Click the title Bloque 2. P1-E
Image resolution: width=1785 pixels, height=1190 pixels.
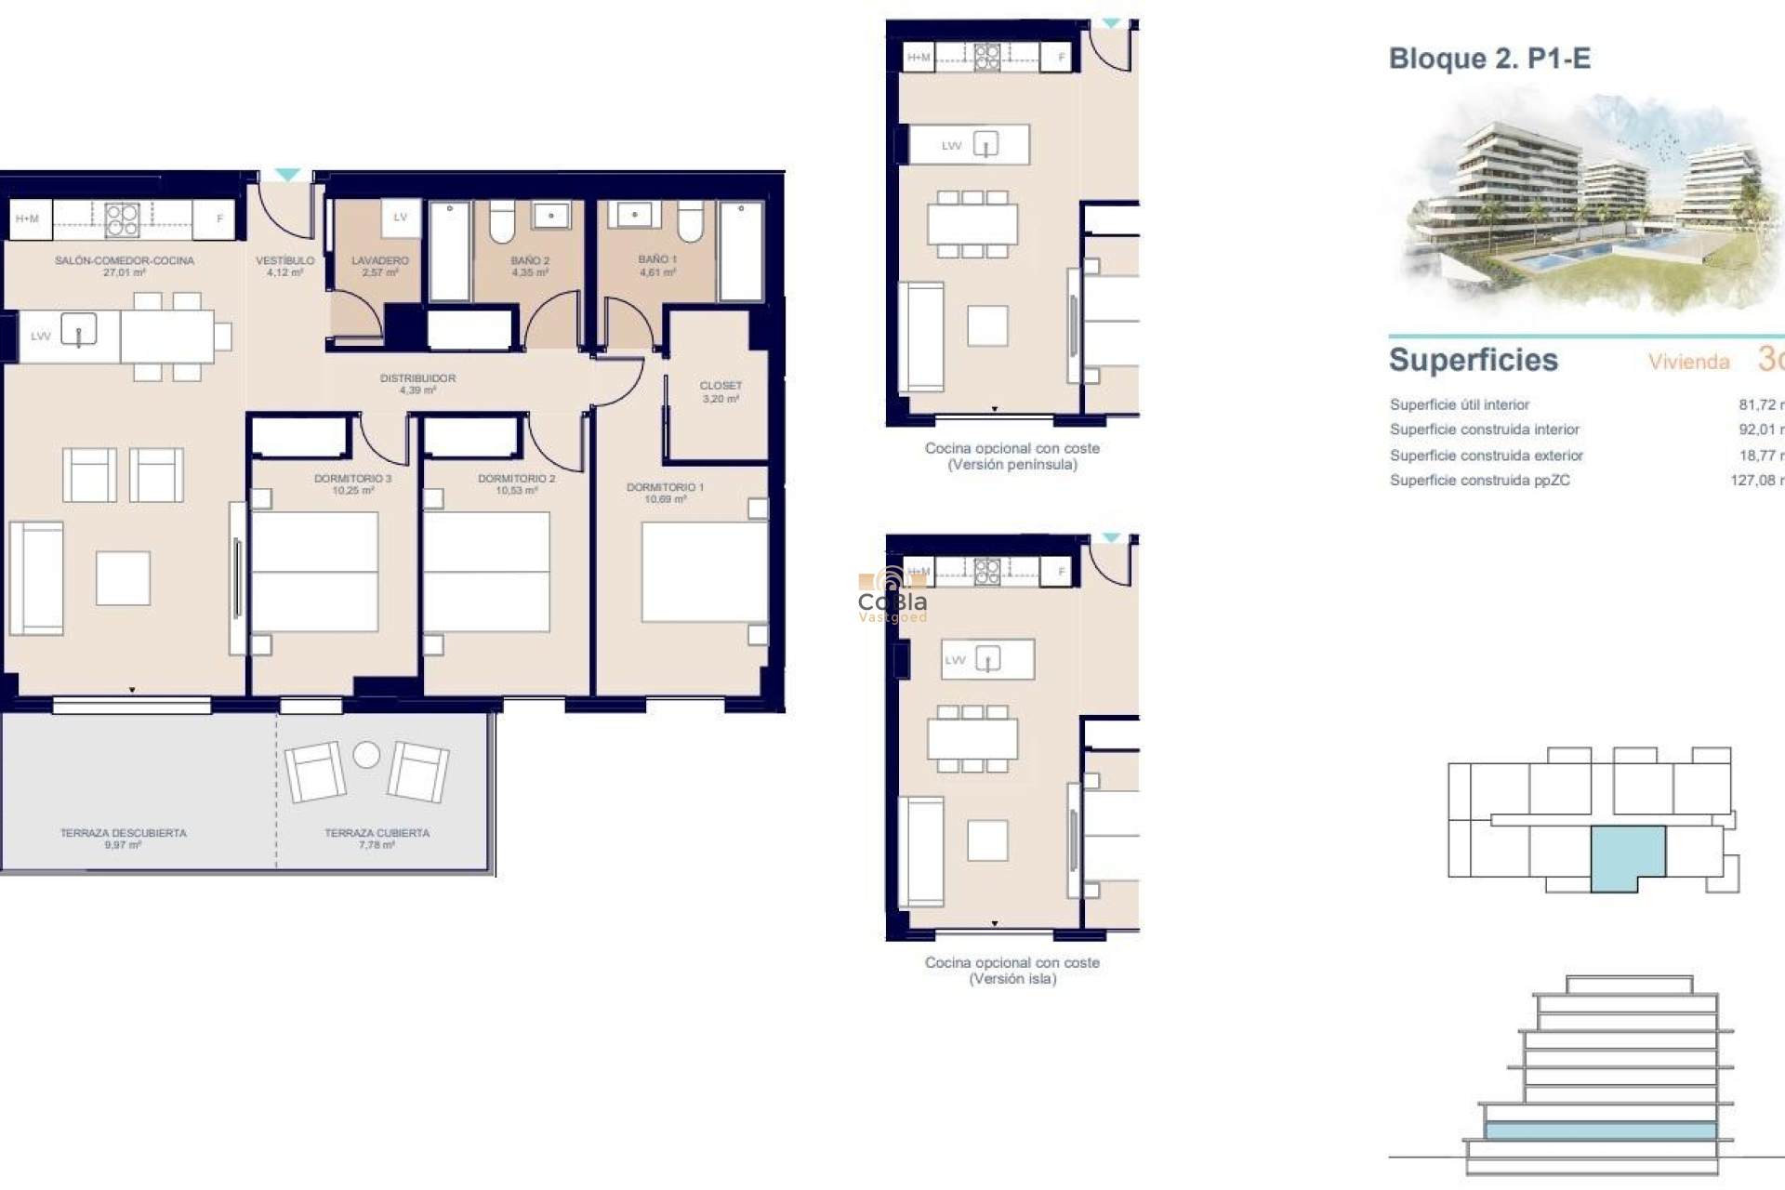click(1489, 59)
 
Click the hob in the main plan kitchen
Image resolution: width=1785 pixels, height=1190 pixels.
click(122, 219)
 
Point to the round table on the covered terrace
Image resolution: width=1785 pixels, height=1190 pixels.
click(366, 755)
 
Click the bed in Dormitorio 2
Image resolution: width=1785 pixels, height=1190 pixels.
click(486, 571)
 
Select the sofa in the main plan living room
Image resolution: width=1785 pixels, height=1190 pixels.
click(36, 577)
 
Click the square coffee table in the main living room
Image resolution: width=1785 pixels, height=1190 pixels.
click(123, 578)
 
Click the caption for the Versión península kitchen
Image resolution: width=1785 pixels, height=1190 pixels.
click(1011, 456)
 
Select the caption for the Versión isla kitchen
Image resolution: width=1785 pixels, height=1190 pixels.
click(1011, 971)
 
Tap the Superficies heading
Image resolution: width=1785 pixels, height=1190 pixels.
click(1473, 360)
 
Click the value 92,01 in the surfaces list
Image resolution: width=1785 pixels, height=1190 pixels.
click(1756, 430)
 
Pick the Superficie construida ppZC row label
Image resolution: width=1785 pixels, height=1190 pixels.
click(1479, 481)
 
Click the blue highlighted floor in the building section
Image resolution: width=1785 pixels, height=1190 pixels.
click(1600, 1130)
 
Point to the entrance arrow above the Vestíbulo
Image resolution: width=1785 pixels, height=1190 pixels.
click(287, 175)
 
